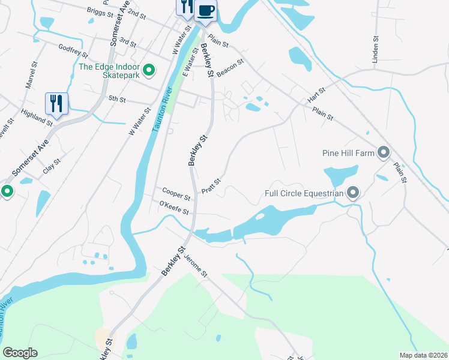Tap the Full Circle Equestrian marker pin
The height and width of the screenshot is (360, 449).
click(353, 193)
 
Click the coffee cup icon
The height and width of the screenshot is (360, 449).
click(205, 10)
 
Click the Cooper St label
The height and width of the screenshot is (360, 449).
click(176, 193)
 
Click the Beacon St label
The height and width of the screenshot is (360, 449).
click(230, 66)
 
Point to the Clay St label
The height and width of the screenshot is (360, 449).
click(52, 166)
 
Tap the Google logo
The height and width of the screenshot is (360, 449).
click(20, 353)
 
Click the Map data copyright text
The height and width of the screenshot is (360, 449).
click(423, 355)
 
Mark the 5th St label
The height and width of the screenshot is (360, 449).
click(116, 98)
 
